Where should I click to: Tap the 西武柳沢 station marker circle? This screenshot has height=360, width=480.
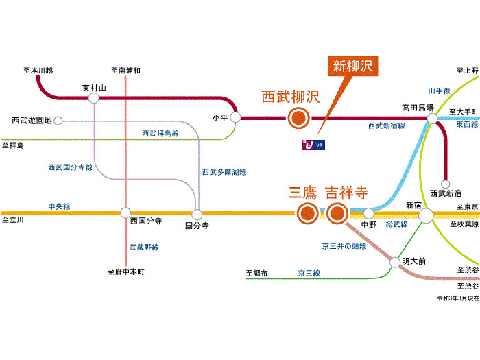click(298, 119)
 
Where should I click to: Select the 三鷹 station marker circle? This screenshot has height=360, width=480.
click(307, 214)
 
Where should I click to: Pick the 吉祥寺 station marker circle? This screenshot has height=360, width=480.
click(336, 214)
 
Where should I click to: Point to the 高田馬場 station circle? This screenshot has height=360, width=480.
click(432, 119)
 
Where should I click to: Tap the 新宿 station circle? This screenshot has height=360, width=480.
click(426, 215)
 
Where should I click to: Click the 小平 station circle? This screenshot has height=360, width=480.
click(236, 118)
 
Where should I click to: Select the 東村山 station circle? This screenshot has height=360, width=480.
click(94, 99)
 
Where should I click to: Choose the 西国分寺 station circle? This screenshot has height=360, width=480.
click(125, 213)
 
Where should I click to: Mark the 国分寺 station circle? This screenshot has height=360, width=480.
click(197, 214)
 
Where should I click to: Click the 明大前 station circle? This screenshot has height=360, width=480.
click(395, 262)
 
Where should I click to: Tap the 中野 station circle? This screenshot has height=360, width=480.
click(368, 214)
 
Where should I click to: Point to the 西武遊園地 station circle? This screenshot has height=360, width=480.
click(58, 121)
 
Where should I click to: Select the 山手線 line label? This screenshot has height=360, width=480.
click(439, 91)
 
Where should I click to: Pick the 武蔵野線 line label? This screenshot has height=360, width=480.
click(144, 247)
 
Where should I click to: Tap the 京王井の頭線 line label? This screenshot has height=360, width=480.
click(344, 245)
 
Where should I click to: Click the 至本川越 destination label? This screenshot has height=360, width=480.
click(38, 70)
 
